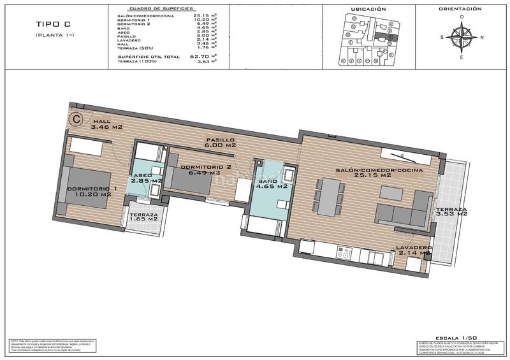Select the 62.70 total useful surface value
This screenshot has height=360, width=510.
click(x=203, y=56)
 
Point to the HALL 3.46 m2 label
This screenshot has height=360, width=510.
click(x=106, y=124)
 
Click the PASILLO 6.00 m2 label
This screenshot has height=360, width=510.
click(x=221, y=142)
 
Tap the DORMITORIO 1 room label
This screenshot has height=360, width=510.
click(x=92, y=191)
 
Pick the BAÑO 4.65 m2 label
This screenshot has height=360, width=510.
click(x=272, y=185)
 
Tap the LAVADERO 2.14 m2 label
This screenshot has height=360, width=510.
click(x=414, y=250)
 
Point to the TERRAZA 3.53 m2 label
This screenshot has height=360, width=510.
click(x=452, y=212)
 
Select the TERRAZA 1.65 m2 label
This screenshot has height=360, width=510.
click(x=143, y=219)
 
